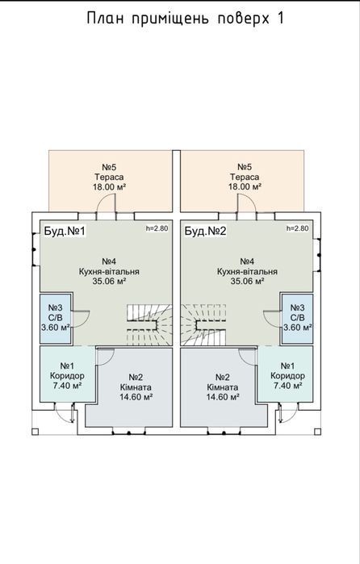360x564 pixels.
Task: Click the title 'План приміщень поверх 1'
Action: tap(185, 19)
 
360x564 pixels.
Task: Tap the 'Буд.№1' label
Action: tap(65, 231)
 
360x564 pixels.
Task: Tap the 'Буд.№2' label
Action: tap(205, 231)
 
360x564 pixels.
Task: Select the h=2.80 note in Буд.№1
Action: tap(157, 228)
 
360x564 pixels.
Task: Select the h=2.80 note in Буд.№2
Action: tap(297, 228)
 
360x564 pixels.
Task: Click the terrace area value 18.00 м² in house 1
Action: tap(109, 187)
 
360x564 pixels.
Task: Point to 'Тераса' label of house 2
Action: tap(245, 178)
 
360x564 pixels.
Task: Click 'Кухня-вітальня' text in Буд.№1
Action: tap(109, 272)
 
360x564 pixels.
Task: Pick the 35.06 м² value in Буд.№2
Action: tap(247, 282)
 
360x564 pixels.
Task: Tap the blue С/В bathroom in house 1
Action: tap(56, 319)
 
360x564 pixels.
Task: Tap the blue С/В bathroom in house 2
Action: tap(297, 319)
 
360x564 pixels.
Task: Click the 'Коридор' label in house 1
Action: tap(67, 376)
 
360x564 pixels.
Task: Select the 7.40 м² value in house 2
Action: tap(287, 386)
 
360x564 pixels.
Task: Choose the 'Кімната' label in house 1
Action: tap(136, 388)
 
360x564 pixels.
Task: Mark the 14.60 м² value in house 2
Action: tap(224, 397)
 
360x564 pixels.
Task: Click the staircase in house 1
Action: tap(149, 325)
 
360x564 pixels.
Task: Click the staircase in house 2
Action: tap(203, 325)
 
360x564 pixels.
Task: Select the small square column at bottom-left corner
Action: tap(36, 432)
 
